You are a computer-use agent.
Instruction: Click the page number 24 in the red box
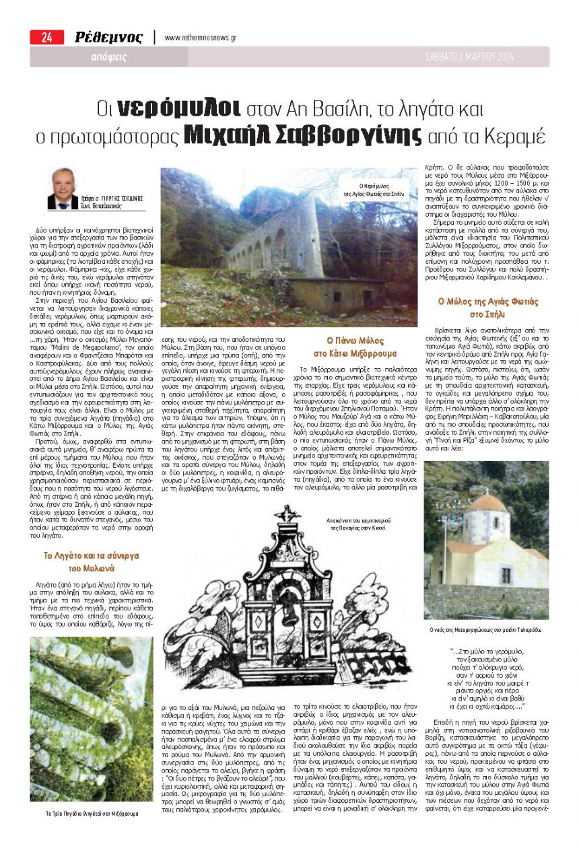coord(46,38)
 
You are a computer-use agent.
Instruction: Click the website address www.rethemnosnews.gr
coord(200,38)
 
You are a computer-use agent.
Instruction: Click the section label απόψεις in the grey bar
coord(109,58)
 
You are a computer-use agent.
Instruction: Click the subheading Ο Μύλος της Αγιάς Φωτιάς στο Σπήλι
coord(489,309)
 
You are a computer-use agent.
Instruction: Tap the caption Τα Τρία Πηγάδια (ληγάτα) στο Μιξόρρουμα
coord(92,813)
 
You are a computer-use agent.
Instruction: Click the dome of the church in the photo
coord(487,503)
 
